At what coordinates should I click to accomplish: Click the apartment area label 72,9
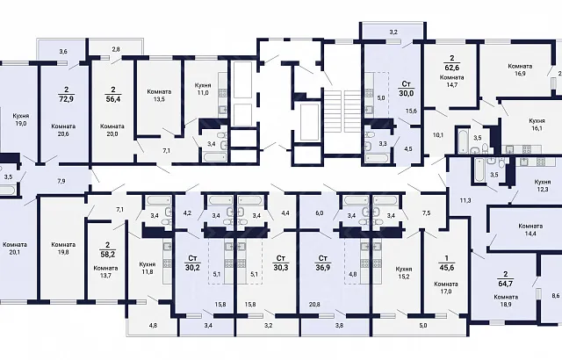point(66,99)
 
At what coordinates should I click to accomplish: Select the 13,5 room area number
point(159,99)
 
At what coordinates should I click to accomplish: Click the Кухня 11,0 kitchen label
point(203,89)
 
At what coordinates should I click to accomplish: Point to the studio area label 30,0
point(406,93)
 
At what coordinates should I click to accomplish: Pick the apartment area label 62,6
point(451,67)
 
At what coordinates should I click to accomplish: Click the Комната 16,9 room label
point(520,70)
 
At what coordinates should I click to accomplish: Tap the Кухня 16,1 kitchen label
point(537,125)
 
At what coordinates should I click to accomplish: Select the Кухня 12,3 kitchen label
point(542,185)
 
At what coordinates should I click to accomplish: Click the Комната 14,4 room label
point(530,230)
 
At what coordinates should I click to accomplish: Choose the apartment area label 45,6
point(447,267)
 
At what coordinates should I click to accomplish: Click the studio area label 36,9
point(322,267)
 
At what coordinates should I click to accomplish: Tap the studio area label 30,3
point(281,267)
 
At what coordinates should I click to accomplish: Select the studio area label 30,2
point(192,267)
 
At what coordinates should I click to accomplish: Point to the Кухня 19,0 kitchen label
point(21,119)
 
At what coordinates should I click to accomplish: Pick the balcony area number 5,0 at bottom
point(423,326)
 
